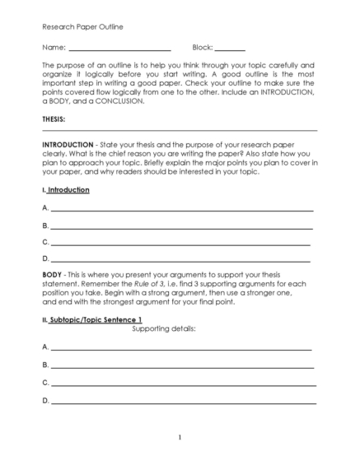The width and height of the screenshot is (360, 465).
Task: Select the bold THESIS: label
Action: point(54,119)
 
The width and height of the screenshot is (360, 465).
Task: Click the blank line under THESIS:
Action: point(180,130)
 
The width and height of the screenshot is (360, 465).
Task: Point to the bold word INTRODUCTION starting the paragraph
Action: point(68,143)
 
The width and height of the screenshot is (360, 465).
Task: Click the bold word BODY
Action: point(52,274)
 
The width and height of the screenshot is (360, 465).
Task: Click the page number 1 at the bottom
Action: point(180,438)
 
